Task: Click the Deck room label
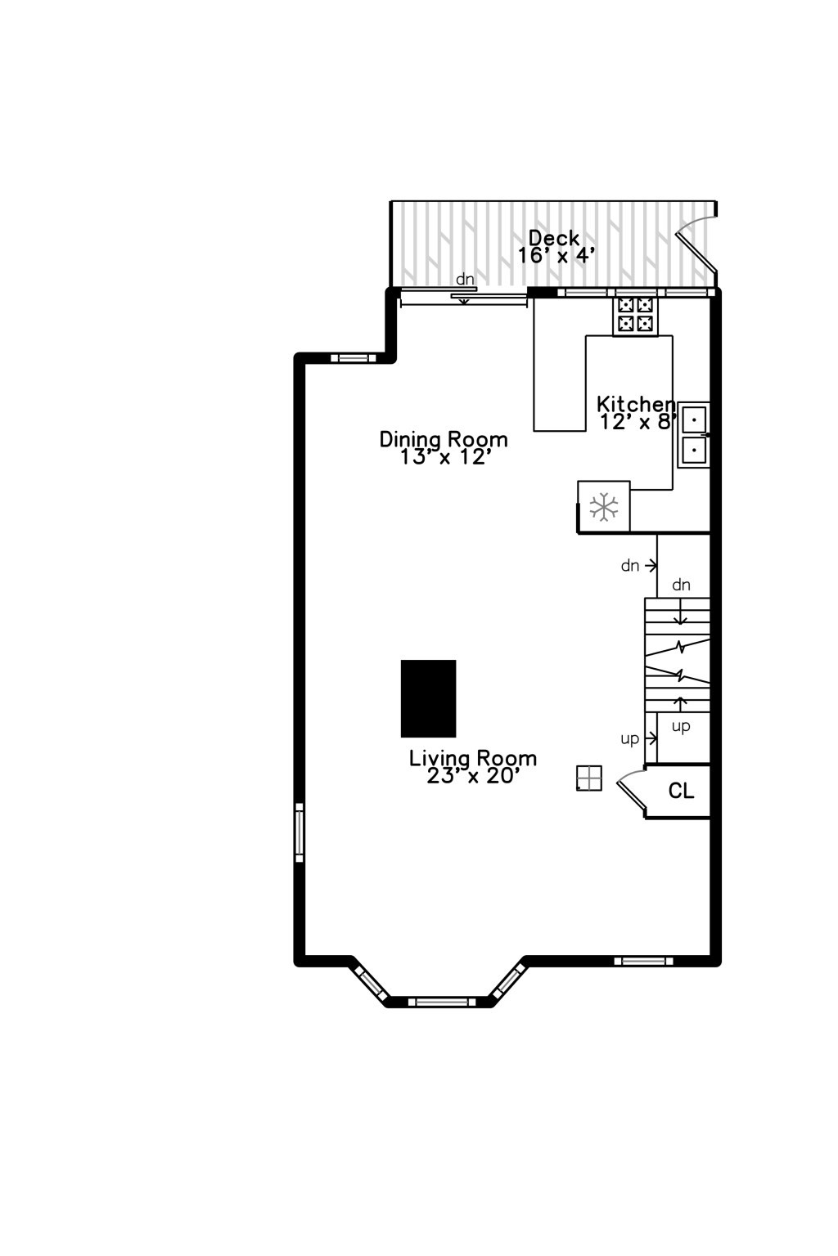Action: click(554, 238)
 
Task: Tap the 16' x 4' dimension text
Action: click(556, 256)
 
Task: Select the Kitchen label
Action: click(636, 404)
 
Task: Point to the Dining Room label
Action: click(444, 440)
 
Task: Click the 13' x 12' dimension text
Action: click(445, 458)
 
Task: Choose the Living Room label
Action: click(473, 758)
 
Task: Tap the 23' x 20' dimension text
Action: click(473, 776)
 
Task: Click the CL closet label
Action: click(681, 791)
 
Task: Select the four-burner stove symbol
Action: click(635, 315)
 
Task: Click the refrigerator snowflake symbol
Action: click(604, 507)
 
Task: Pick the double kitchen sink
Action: click(693, 435)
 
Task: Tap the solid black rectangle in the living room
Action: click(428, 698)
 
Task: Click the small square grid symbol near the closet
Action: click(589, 778)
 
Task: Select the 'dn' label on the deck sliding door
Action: click(465, 280)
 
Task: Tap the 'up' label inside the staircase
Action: click(681, 726)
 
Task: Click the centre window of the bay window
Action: click(441, 1002)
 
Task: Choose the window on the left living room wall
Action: click(300, 832)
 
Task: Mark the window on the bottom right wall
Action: click(643, 961)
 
